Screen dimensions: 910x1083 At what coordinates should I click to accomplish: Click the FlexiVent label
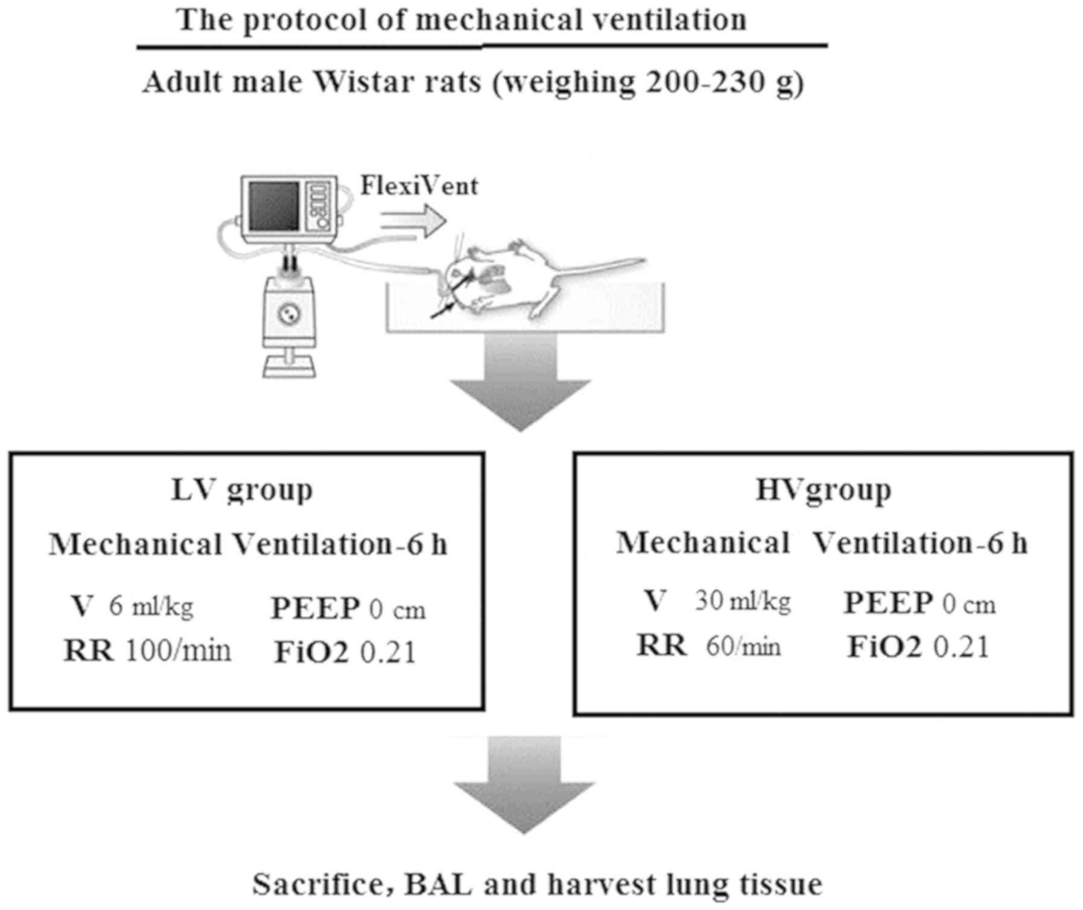[419, 186]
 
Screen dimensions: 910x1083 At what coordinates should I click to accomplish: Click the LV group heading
[243, 490]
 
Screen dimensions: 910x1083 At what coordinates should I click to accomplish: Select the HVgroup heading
[823, 490]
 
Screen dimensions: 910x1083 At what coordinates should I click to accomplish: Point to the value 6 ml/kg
[151, 606]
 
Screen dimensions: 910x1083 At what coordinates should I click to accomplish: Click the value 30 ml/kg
[742, 601]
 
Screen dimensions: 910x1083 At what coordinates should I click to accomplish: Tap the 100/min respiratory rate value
[178, 651]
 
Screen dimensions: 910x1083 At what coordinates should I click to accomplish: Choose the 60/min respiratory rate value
[743, 647]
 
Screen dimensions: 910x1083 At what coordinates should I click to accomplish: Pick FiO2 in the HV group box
[885, 648]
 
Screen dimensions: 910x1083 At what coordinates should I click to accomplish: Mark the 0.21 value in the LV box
[388, 653]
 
